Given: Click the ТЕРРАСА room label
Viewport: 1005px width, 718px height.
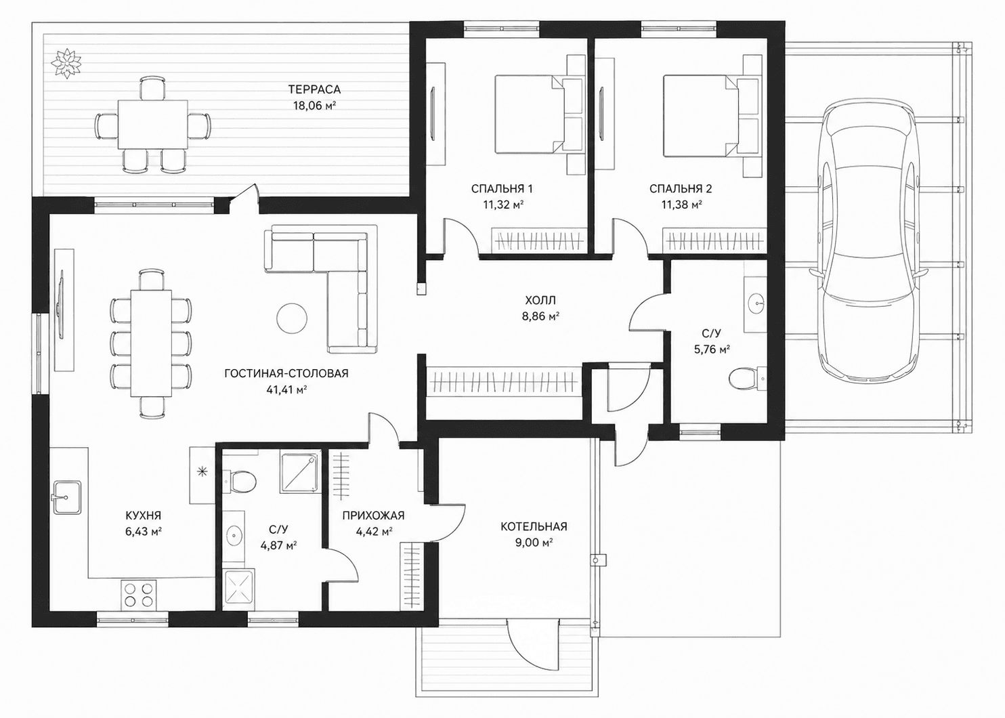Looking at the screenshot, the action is [314, 89].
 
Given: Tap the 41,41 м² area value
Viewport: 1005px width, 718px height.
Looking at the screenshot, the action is [286, 389].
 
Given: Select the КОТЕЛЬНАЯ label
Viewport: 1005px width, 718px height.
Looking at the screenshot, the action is [534, 526].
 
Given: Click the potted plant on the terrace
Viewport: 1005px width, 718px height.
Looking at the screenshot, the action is [66, 63].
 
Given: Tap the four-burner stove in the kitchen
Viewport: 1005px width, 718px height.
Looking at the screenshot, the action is [138, 595].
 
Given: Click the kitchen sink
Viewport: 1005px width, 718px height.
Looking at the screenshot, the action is [67, 498].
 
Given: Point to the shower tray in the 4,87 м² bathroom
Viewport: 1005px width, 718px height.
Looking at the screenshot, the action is [301, 473].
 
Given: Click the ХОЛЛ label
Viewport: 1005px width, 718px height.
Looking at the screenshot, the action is [540, 300].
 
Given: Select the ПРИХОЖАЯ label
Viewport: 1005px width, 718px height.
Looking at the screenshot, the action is [373, 515].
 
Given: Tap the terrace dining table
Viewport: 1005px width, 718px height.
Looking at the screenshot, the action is [152, 125].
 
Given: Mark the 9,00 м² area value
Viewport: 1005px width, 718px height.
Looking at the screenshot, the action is [534, 543].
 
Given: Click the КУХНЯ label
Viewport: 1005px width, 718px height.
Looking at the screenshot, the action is [143, 515].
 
